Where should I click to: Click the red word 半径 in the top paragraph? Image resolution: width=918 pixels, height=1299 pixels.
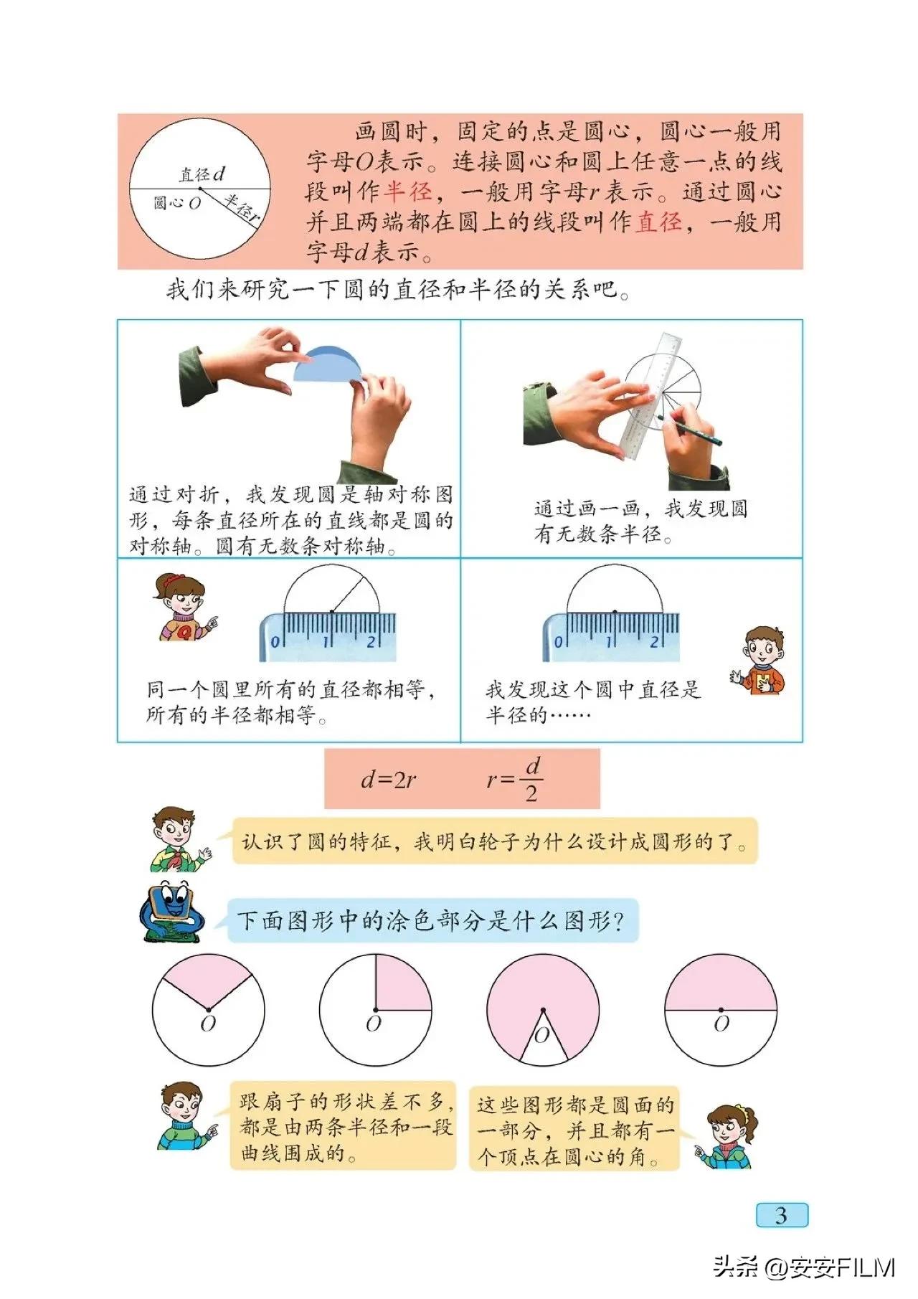point(408,192)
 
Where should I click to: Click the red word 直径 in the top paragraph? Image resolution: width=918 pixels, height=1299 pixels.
point(659,222)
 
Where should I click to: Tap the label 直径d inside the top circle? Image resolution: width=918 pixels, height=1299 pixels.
point(202,174)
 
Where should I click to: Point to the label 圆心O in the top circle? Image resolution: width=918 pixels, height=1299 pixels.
point(176,203)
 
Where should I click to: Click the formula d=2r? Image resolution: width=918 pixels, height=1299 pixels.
point(388,780)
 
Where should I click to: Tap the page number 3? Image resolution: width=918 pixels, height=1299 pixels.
point(781,1215)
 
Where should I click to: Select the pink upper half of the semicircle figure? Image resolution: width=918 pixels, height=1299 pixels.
point(721,983)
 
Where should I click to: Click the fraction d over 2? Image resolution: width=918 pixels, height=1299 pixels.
point(531,780)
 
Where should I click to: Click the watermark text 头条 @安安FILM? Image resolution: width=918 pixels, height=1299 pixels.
point(803,1267)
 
